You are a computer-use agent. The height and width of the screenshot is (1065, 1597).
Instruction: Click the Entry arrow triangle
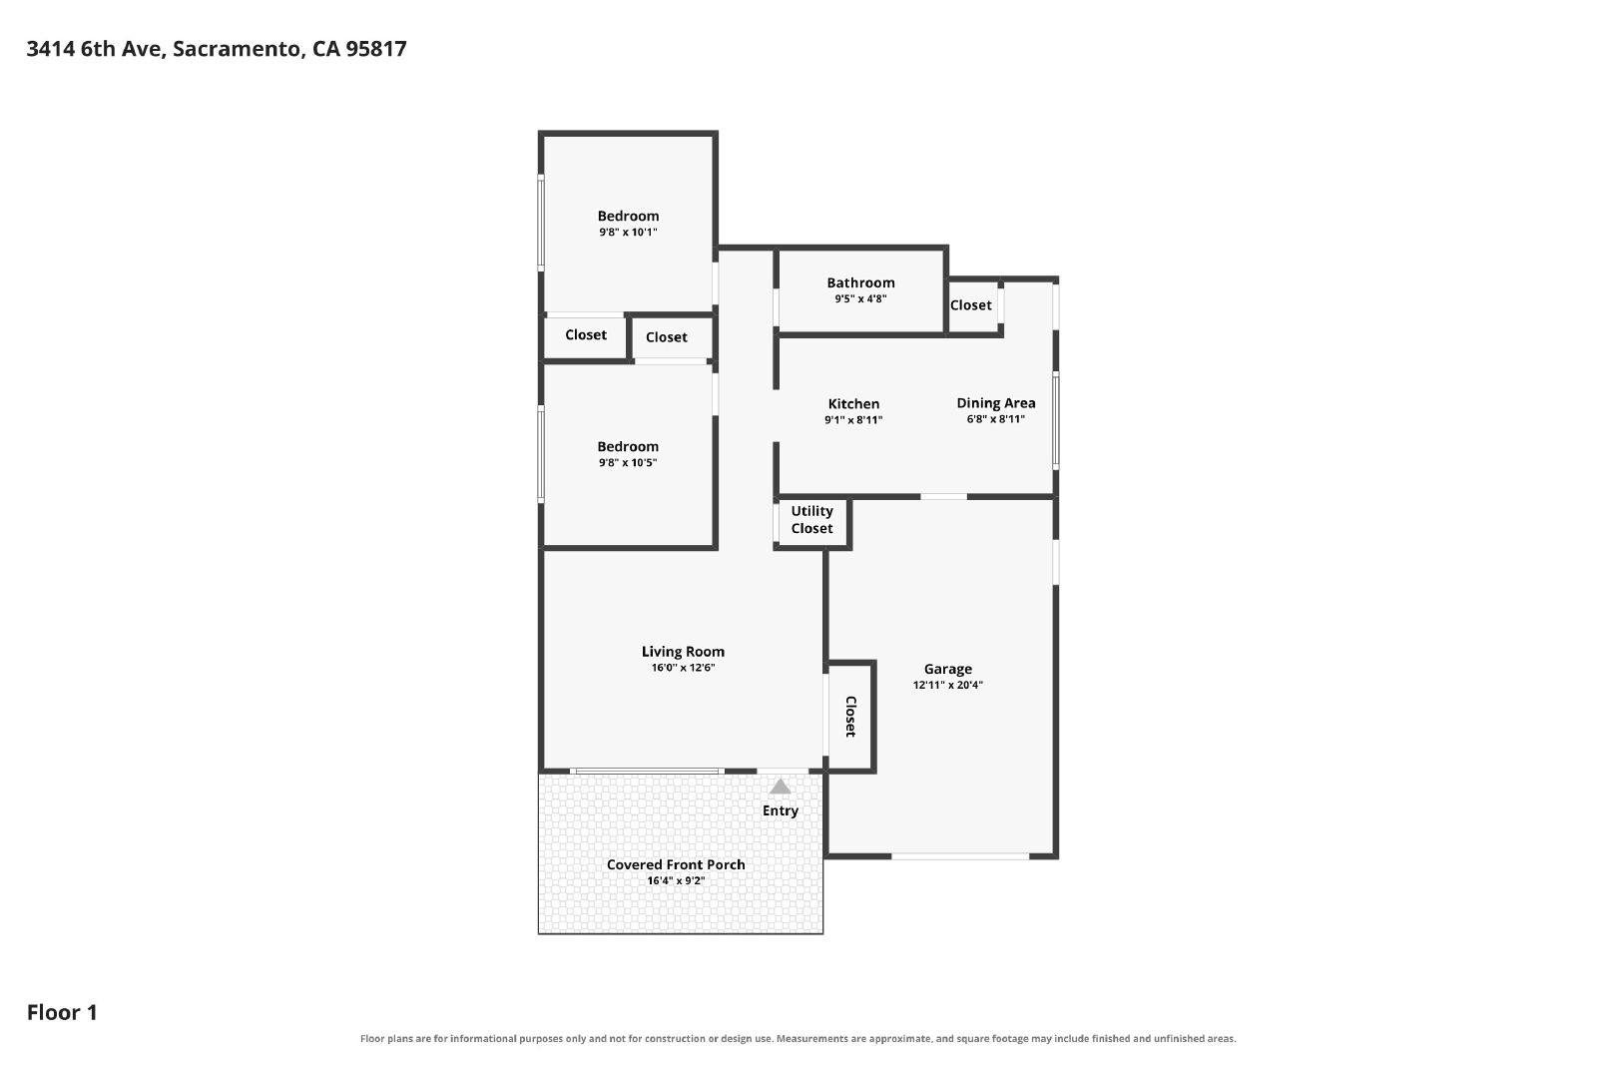coord(780,787)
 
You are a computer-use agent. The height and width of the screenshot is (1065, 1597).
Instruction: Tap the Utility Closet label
coord(811,520)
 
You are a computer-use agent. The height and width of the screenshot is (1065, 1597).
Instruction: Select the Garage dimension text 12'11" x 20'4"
coord(947,685)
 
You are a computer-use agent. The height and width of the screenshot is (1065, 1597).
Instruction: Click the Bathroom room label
coord(860,283)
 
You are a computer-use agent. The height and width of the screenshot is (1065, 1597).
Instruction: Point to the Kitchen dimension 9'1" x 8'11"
coord(853,420)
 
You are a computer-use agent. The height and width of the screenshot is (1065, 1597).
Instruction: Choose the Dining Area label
coord(996,403)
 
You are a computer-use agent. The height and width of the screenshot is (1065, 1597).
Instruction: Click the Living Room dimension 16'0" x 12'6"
coord(683,668)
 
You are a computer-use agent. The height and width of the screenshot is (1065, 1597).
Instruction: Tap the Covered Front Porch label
coord(676,864)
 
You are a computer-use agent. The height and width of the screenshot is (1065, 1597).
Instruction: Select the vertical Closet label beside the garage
coord(850,717)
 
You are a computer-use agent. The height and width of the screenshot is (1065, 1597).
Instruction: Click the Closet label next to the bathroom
coord(970,305)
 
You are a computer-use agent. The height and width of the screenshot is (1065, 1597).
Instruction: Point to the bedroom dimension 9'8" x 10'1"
coord(628,233)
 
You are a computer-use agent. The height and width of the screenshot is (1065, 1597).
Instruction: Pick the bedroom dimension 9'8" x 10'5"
coord(628,463)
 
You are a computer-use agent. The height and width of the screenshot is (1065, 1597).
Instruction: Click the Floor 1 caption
coord(62,1012)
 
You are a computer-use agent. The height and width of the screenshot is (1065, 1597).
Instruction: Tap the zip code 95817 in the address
coord(375,49)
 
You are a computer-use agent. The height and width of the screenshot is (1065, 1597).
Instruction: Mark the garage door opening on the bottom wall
coord(960,855)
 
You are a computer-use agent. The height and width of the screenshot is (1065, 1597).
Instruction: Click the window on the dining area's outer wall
coord(1056,420)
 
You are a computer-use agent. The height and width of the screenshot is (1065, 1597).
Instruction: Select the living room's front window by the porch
coord(648,772)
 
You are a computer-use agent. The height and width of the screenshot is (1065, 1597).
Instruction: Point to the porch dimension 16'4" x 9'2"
coord(676,881)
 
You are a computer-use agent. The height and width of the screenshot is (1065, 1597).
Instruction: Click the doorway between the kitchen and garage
coord(943,496)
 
